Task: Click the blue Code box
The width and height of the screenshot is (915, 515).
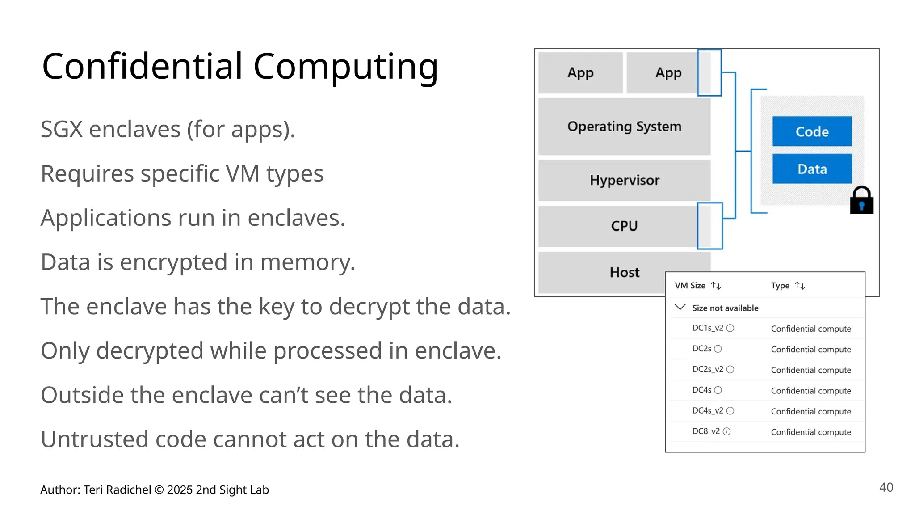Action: (812, 131)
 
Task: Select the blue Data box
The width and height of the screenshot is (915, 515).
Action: (812, 169)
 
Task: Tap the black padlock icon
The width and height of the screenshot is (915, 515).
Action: (861, 201)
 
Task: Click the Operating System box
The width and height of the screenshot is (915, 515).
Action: (624, 127)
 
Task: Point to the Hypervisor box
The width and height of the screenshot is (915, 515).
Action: (624, 180)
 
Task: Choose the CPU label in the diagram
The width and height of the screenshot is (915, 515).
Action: (624, 226)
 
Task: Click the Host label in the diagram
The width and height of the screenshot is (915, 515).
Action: (624, 272)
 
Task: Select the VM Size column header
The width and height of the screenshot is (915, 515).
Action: (690, 286)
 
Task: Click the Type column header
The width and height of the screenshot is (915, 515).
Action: (780, 286)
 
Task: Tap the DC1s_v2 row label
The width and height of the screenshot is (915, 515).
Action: (708, 328)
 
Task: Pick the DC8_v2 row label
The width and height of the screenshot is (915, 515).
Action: (706, 431)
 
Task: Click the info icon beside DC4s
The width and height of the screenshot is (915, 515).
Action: (718, 390)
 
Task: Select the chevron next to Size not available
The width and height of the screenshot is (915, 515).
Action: (680, 307)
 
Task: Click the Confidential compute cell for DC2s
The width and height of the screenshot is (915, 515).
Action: (811, 350)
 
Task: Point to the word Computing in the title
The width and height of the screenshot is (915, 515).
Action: (346, 67)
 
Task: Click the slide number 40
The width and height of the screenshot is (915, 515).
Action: (886, 487)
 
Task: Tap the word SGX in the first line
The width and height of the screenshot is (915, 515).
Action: (61, 130)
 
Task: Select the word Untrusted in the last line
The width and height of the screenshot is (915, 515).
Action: (94, 439)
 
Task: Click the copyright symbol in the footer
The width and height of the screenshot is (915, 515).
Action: (159, 490)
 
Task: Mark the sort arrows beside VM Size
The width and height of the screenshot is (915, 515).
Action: (716, 286)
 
